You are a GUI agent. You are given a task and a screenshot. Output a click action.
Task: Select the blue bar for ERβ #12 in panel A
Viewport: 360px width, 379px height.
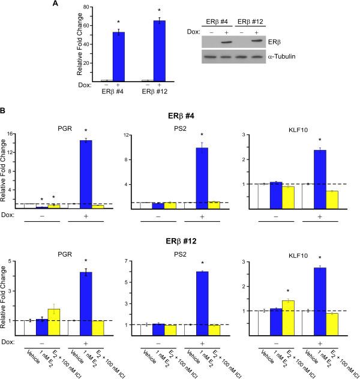[x=160, y=50]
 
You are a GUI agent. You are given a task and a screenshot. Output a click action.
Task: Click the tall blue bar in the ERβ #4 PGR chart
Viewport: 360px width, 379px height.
[x=87, y=174]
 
